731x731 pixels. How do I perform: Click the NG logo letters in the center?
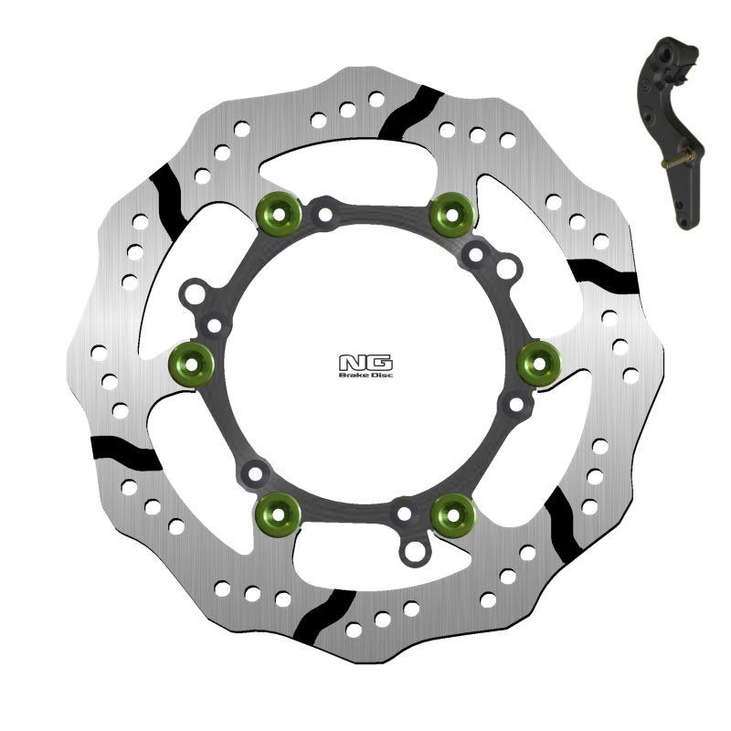[365, 362]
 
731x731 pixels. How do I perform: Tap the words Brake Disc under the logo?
[365, 375]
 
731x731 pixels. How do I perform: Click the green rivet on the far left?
[192, 365]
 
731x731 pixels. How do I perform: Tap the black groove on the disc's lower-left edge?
[126, 450]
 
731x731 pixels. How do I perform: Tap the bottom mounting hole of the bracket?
[686, 220]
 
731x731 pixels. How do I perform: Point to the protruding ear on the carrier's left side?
[193, 294]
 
